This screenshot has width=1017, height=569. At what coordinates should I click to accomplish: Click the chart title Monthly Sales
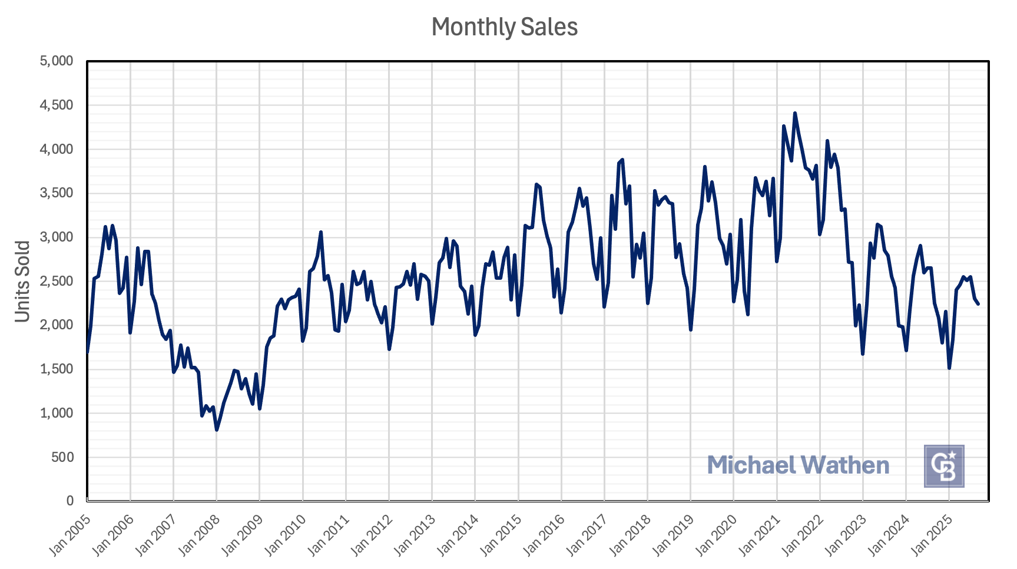click(504, 27)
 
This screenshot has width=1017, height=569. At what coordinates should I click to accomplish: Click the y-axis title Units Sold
click(22, 281)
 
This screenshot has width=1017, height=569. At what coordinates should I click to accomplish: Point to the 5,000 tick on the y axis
click(57, 61)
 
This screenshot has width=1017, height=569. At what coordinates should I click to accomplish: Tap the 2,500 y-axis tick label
click(57, 281)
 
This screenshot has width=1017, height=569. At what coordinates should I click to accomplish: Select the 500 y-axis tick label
click(62, 457)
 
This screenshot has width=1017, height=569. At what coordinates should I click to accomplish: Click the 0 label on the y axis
click(69, 501)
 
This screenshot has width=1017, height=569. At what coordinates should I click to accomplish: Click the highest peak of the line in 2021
click(794, 113)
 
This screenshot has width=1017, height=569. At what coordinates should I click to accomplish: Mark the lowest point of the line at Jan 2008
click(217, 430)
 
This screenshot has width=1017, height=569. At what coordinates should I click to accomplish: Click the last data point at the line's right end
click(978, 304)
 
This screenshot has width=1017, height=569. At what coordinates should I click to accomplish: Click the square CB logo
click(943, 466)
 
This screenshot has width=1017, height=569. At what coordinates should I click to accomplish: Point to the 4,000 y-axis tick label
click(57, 149)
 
